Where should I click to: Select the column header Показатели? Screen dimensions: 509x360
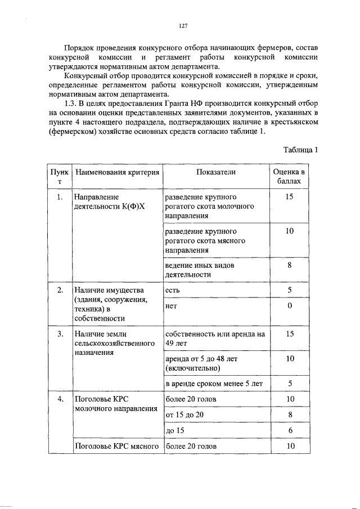[x=216, y=172]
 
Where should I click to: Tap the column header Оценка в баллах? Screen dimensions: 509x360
[x=289, y=177]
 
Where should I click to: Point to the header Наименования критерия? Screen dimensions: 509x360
[x=117, y=172]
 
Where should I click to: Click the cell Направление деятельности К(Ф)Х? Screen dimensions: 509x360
[x=106, y=202]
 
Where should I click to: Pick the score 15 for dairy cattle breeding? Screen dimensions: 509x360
[x=289, y=197]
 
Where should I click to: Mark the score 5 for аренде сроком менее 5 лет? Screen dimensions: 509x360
[x=289, y=384]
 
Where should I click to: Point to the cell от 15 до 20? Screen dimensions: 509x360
[x=183, y=415]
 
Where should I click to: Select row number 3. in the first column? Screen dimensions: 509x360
[x=60, y=334]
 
